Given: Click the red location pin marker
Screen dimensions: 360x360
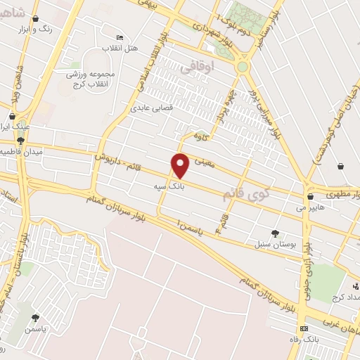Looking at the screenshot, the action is (x=181, y=166).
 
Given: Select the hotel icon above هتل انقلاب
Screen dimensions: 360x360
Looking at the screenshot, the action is (x=120, y=37).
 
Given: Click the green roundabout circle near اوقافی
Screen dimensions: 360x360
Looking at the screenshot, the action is (x=243, y=67).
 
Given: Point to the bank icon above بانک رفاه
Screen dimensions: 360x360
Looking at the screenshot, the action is (x=304, y=328).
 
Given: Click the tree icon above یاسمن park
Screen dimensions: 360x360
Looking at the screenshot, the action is (x=35, y=318).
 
